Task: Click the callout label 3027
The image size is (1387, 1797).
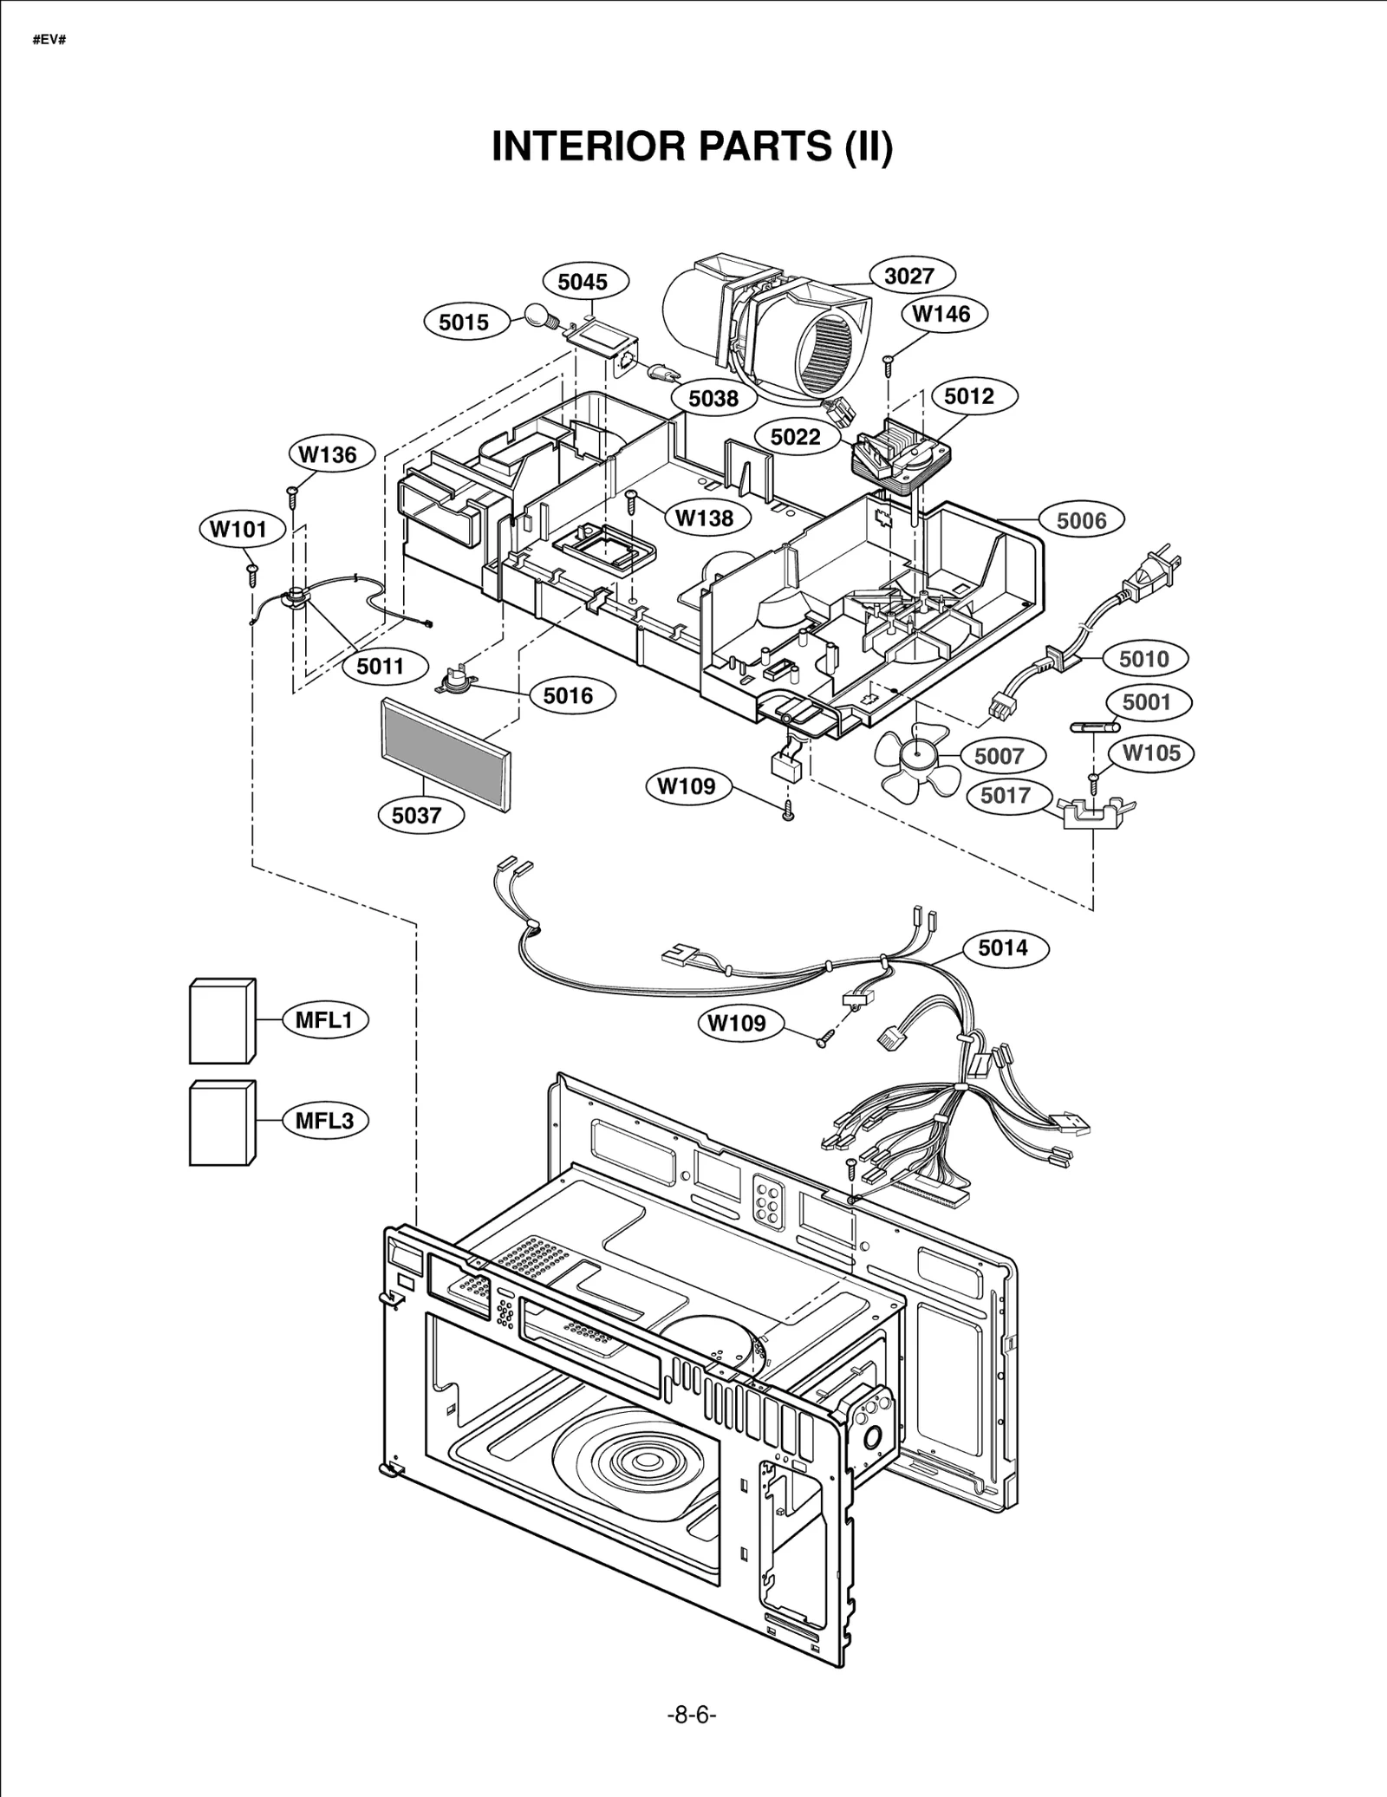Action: pyautogui.click(x=908, y=276)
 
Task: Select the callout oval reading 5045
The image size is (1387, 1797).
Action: pyautogui.click(x=583, y=281)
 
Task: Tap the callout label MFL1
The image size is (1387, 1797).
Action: pyautogui.click(x=324, y=1019)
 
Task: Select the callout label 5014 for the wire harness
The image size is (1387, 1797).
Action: pyautogui.click(x=1003, y=947)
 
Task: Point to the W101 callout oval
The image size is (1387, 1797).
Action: pyautogui.click(x=240, y=529)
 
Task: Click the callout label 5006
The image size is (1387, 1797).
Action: pyautogui.click(x=1082, y=520)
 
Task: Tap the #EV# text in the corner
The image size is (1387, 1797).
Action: pyautogui.click(x=49, y=41)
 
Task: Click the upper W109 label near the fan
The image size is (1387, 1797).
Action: pyautogui.click(x=687, y=786)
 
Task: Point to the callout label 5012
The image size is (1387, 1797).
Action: pyautogui.click(x=968, y=396)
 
